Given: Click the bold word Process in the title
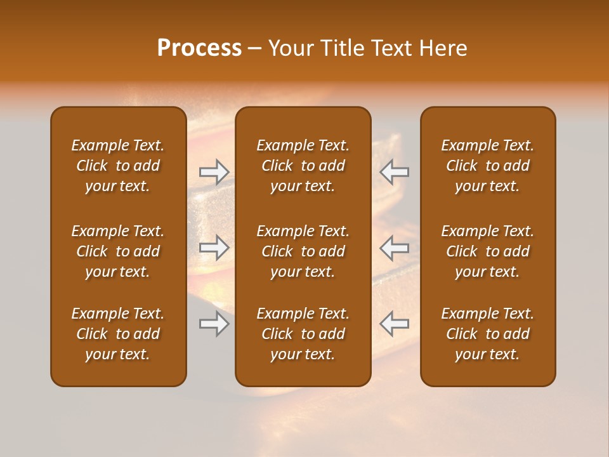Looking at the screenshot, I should click(199, 48).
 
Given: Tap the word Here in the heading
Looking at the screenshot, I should click(442, 48).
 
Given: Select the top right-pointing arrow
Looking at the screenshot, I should click(214, 171).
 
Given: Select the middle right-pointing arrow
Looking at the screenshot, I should click(214, 248).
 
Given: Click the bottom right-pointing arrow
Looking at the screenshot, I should click(214, 324).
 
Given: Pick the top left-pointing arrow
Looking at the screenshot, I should click(395, 171).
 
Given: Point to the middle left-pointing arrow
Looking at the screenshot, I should click(395, 248).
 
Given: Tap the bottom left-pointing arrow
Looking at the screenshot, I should click(395, 324).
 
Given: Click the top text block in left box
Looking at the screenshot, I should click(118, 166).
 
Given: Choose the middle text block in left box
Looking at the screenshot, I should click(118, 251).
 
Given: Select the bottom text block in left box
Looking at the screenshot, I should click(118, 334).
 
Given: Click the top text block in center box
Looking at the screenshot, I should click(303, 166).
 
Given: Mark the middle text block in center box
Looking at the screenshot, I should click(303, 251).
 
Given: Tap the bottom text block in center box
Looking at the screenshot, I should click(303, 334).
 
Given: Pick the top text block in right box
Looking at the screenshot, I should click(487, 166).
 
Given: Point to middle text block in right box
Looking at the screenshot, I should click(487, 251).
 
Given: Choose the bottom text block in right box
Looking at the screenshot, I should click(487, 334).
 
